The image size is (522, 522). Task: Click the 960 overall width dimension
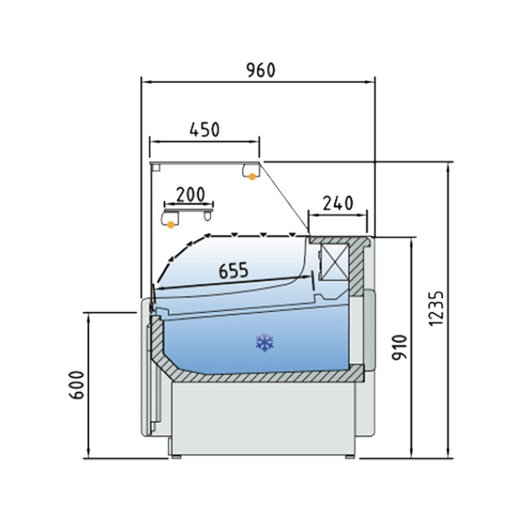point(261,70)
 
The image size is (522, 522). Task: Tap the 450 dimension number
point(205,129)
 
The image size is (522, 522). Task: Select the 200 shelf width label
point(190,194)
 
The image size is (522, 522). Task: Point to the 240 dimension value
point(338,203)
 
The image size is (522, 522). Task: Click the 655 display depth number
point(233,270)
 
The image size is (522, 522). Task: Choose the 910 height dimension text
point(399,348)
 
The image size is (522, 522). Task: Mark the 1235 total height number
point(436,309)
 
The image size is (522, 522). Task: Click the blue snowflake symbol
point(265,342)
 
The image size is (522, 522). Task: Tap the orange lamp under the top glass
point(252,177)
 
